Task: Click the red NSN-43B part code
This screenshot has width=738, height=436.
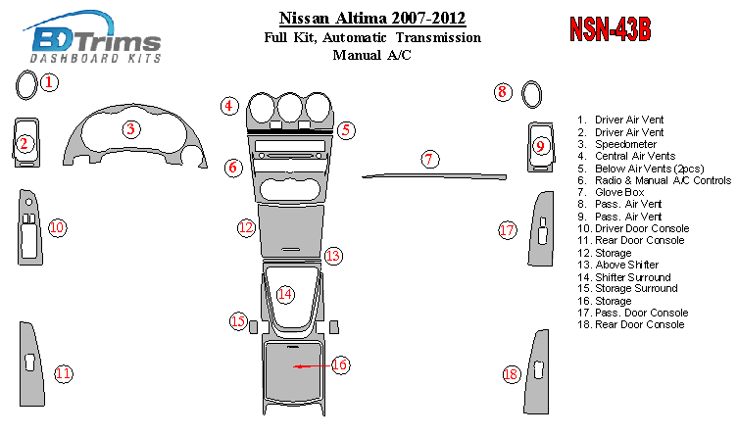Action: coord(610,29)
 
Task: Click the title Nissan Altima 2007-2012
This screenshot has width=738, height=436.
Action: coord(372,18)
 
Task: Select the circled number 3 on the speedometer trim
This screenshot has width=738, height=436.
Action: coord(131,129)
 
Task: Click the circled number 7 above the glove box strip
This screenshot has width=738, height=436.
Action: coord(429,159)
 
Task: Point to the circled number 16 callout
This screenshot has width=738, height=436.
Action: coord(340,364)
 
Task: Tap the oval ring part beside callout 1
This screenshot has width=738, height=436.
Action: coord(26,85)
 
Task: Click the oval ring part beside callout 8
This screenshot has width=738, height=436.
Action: coord(532,94)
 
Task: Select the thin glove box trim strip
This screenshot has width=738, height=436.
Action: coord(434,176)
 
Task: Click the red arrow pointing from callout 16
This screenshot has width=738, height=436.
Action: coord(312,365)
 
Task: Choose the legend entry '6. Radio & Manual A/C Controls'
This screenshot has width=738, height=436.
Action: coord(655,180)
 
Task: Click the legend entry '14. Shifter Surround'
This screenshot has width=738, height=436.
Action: coord(624,277)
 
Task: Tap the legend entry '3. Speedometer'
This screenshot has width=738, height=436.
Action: coord(617,144)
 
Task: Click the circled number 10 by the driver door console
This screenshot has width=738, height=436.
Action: coord(58,228)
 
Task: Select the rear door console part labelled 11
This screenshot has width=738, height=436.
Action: coord(31,363)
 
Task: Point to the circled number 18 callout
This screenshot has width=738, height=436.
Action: coord(512,374)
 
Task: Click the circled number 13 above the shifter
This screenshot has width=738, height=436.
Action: coord(333,256)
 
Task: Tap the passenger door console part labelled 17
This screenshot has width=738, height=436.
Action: coord(541,229)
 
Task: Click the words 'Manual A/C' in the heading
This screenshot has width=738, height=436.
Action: coord(371,55)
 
